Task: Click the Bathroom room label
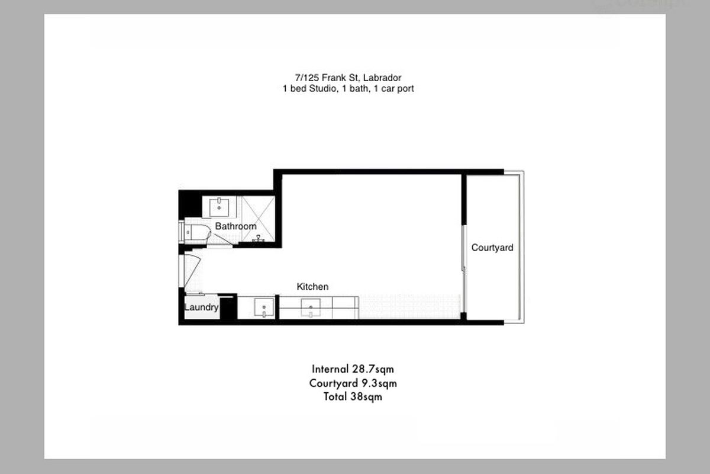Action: pos(235,226)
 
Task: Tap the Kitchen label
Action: pos(312,287)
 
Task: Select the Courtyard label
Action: pos(492,248)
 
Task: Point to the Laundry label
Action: pos(201,308)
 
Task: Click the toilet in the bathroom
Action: pos(198,232)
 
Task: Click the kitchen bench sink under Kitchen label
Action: pos(311,308)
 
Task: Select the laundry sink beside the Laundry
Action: pos(263,308)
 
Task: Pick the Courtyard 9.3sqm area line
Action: pos(353,383)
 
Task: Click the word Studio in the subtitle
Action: pos(319,89)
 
